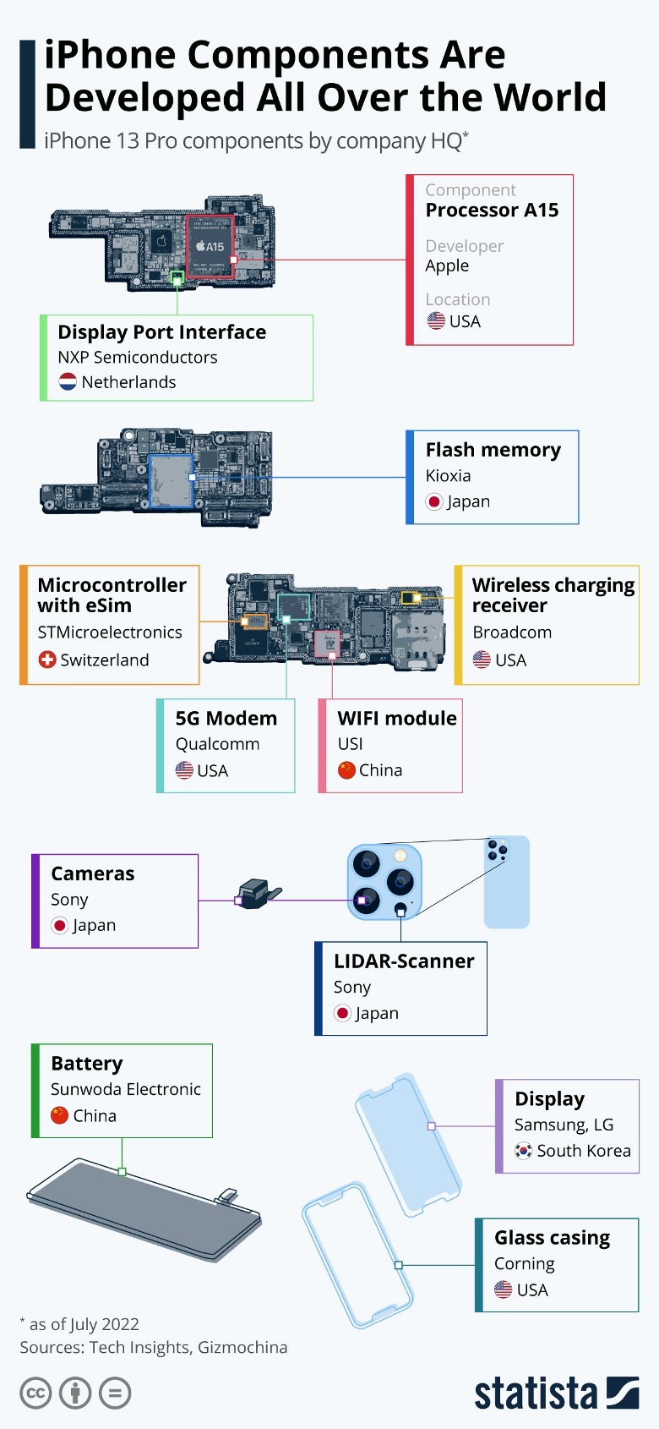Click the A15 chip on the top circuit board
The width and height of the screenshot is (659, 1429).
210,247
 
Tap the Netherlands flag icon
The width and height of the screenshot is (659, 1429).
68,382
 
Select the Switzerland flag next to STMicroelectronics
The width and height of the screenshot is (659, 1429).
47,660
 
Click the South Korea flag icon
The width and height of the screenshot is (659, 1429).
524,1151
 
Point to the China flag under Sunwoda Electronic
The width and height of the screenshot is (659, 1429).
59,1115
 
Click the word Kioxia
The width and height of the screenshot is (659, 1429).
448,476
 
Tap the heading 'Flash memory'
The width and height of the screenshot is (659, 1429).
493,450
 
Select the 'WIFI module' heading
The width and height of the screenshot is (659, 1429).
396,718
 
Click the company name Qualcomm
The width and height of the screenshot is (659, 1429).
217,744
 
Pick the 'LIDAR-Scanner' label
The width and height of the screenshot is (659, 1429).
403,961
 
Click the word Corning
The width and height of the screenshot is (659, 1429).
524,1264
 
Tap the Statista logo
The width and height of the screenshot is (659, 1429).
556,1393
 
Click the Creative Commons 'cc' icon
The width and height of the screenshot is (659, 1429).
35,1393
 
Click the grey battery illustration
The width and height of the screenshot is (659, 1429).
144,1209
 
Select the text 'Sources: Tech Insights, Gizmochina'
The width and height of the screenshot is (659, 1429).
154,1347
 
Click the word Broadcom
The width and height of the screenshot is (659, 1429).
512,632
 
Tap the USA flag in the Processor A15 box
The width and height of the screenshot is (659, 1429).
436,321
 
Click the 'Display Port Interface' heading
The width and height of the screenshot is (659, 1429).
161,332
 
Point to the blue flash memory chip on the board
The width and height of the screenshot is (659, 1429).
172,480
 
